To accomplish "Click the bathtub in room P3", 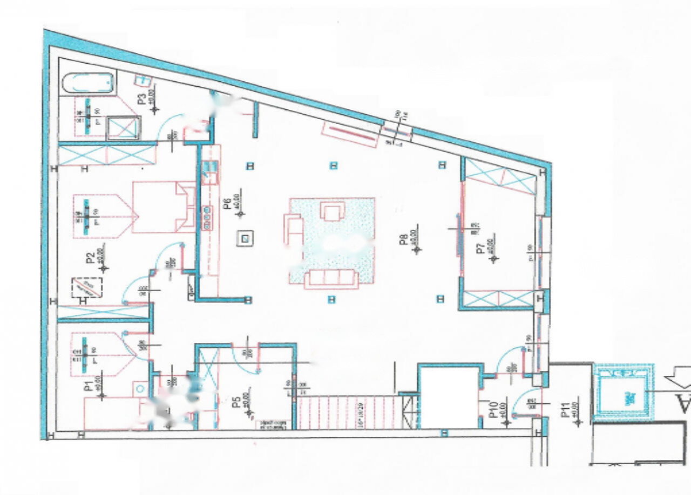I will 89,84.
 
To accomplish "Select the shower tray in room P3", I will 123,128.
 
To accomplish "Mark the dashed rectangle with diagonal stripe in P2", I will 87,287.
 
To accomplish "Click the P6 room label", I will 227,203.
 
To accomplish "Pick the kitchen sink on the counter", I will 208,172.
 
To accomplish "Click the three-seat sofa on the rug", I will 331,279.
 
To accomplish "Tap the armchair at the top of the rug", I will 332,210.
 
